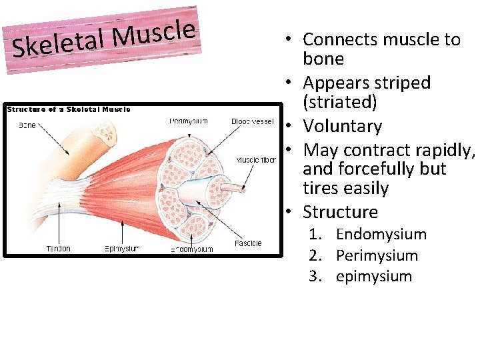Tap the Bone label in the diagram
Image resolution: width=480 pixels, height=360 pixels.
pyautogui.click(x=27, y=125)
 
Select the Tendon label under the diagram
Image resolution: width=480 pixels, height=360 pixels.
pyautogui.click(x=59, y=249)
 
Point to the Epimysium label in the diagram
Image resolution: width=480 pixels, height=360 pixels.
pyautogui.click(x=122, y=249)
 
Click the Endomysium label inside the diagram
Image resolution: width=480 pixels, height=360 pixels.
pyautogui.click(x=192, y=249)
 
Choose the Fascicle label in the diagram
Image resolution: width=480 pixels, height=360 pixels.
pyautogui.click(x=248, y=243)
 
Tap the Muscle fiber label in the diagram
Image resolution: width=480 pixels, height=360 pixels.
pyautogui.click(x=256, y=160)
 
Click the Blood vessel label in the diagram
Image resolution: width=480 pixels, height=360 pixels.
pyautogui.click(x=252, y=121)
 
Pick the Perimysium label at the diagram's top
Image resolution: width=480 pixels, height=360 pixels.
pyautogui.click(x=188, y=121)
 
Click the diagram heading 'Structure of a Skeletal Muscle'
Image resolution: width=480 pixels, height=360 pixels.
pyautogui.click(x=69, y=109)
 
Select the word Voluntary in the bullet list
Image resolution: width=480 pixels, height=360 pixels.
pyautogui.click(x=342, y=126)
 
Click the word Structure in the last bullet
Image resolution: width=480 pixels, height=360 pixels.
pyautogui.click(x=340, y=212)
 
